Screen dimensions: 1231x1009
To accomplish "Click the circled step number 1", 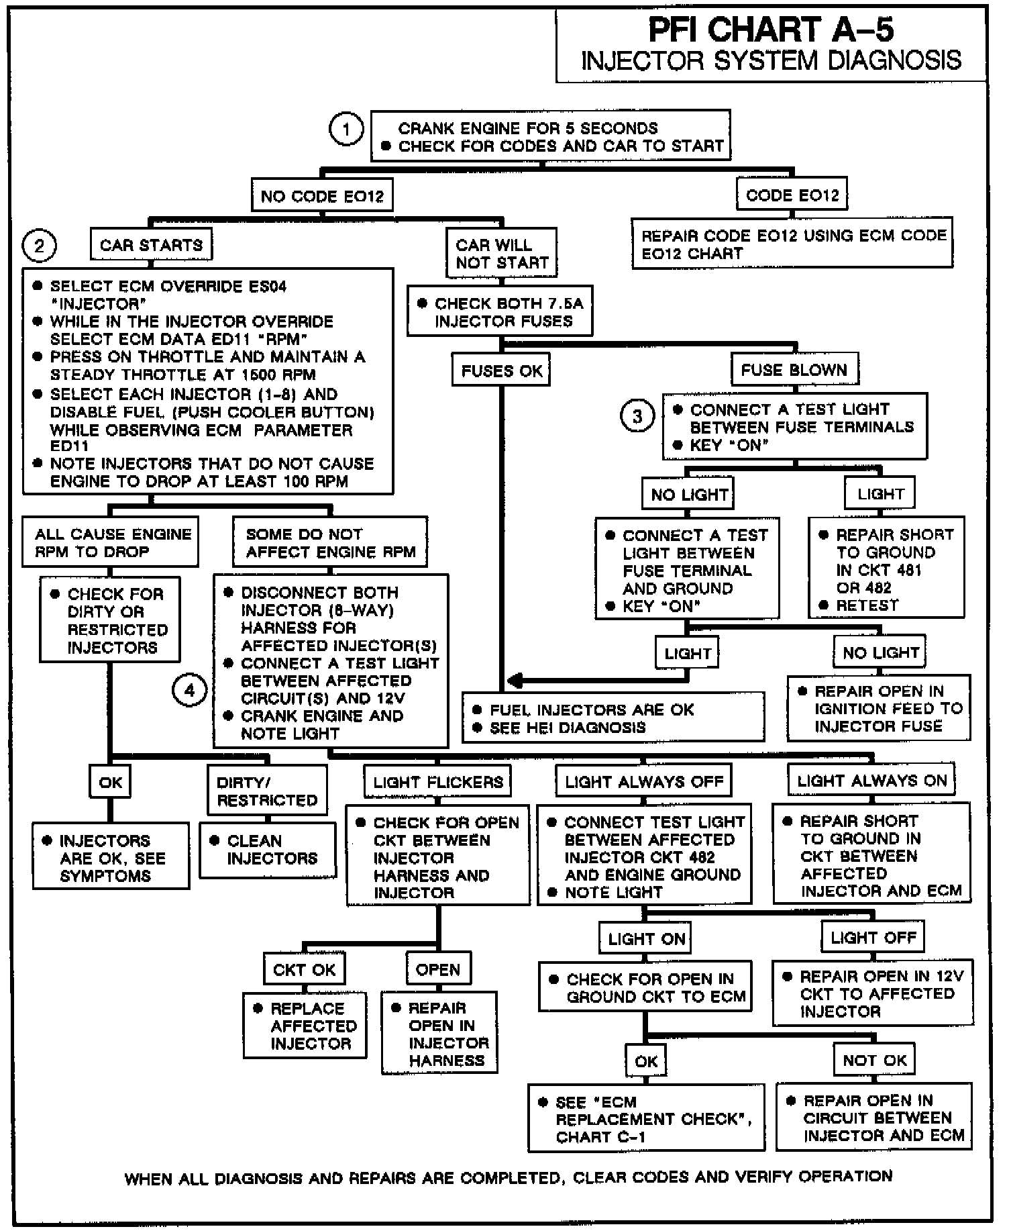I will point(346,130).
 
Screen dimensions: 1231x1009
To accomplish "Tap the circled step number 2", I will point(39,246).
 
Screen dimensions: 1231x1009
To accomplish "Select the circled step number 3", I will point(637,417).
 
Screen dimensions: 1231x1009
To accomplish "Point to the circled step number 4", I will point(189,691).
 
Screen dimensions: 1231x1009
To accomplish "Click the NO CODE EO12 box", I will point(322,196).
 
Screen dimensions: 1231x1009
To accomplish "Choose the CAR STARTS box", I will point(151,245).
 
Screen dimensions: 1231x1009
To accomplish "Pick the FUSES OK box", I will point(501,371).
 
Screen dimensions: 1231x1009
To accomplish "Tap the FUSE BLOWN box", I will point(794,370).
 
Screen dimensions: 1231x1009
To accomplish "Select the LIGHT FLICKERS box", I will point(437,782).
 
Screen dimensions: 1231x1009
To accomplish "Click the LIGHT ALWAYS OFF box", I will point(644,781).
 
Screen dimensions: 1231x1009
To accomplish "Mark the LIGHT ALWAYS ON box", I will point(871,781).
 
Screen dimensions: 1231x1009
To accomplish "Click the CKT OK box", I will point(304,969).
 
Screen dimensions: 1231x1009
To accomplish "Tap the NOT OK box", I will point(875,1060).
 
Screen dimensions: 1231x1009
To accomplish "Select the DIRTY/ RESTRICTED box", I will point(267,791).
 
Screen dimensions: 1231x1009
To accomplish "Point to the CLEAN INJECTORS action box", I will point(267,850).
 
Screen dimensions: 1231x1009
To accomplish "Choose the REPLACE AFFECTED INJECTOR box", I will point(305,1026).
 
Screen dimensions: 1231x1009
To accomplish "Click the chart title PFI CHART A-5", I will point(771,30).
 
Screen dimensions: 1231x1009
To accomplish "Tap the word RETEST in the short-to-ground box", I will point(867,605).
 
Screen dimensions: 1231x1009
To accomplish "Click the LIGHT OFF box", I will point(873,938).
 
